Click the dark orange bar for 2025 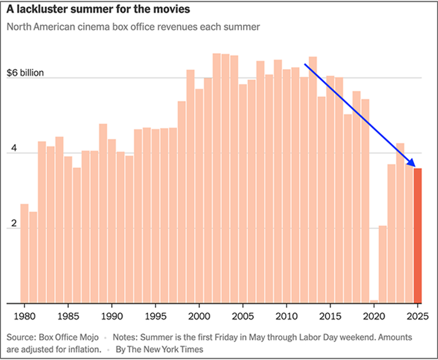click(x=418, y=235)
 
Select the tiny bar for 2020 click(x=374, y=301)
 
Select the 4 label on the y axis click(x=10, y=148)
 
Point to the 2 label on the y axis click(x=10, y=223)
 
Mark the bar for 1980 click(x=25, y=253)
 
